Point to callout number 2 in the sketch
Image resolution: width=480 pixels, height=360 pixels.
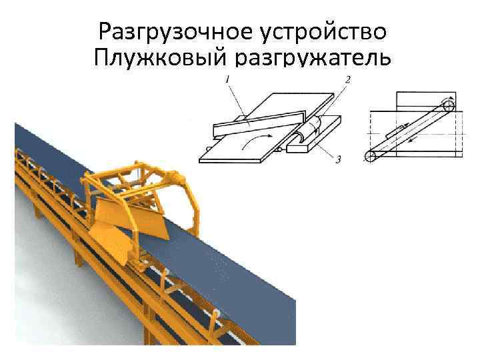347,80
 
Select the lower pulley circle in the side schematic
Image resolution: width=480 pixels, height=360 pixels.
371,157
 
